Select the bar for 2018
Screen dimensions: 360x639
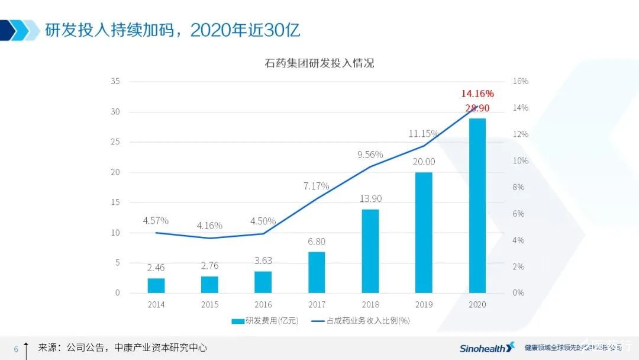370,251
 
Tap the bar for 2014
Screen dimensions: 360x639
156,285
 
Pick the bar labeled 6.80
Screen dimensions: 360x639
317,272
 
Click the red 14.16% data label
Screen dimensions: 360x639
477,94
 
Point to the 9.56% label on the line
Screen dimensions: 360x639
370,155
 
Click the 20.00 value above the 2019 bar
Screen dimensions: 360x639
424,162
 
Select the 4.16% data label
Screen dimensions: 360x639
209,226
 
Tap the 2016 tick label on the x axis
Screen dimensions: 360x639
263,304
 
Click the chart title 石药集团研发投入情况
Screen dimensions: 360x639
319,63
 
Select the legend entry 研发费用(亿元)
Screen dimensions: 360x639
265,321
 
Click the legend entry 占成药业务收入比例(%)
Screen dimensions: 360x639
362,321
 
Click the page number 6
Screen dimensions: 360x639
16,349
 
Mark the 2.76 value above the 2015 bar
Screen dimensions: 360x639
209,266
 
